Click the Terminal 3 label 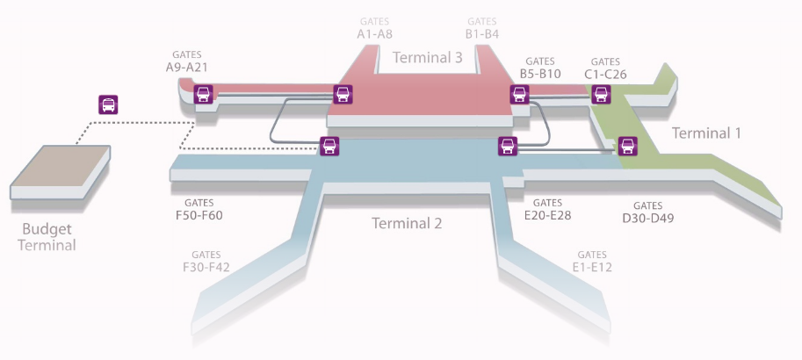[x=427, y=58]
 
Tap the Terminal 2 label [x=407, y=223]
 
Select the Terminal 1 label [x=706, y=133]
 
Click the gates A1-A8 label [x=375, y=28]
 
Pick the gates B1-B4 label [x=481, y=28]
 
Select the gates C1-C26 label [x=605, y=68]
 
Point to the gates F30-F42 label [x=206, y=261]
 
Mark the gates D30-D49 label [x=648, y=212]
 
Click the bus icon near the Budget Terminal [x=108, y=104]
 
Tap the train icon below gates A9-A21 [x=203, y=94]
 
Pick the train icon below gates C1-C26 [x=601, y=94]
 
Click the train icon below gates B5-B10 [x=519, y=94]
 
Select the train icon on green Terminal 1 [x=627, y=146]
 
